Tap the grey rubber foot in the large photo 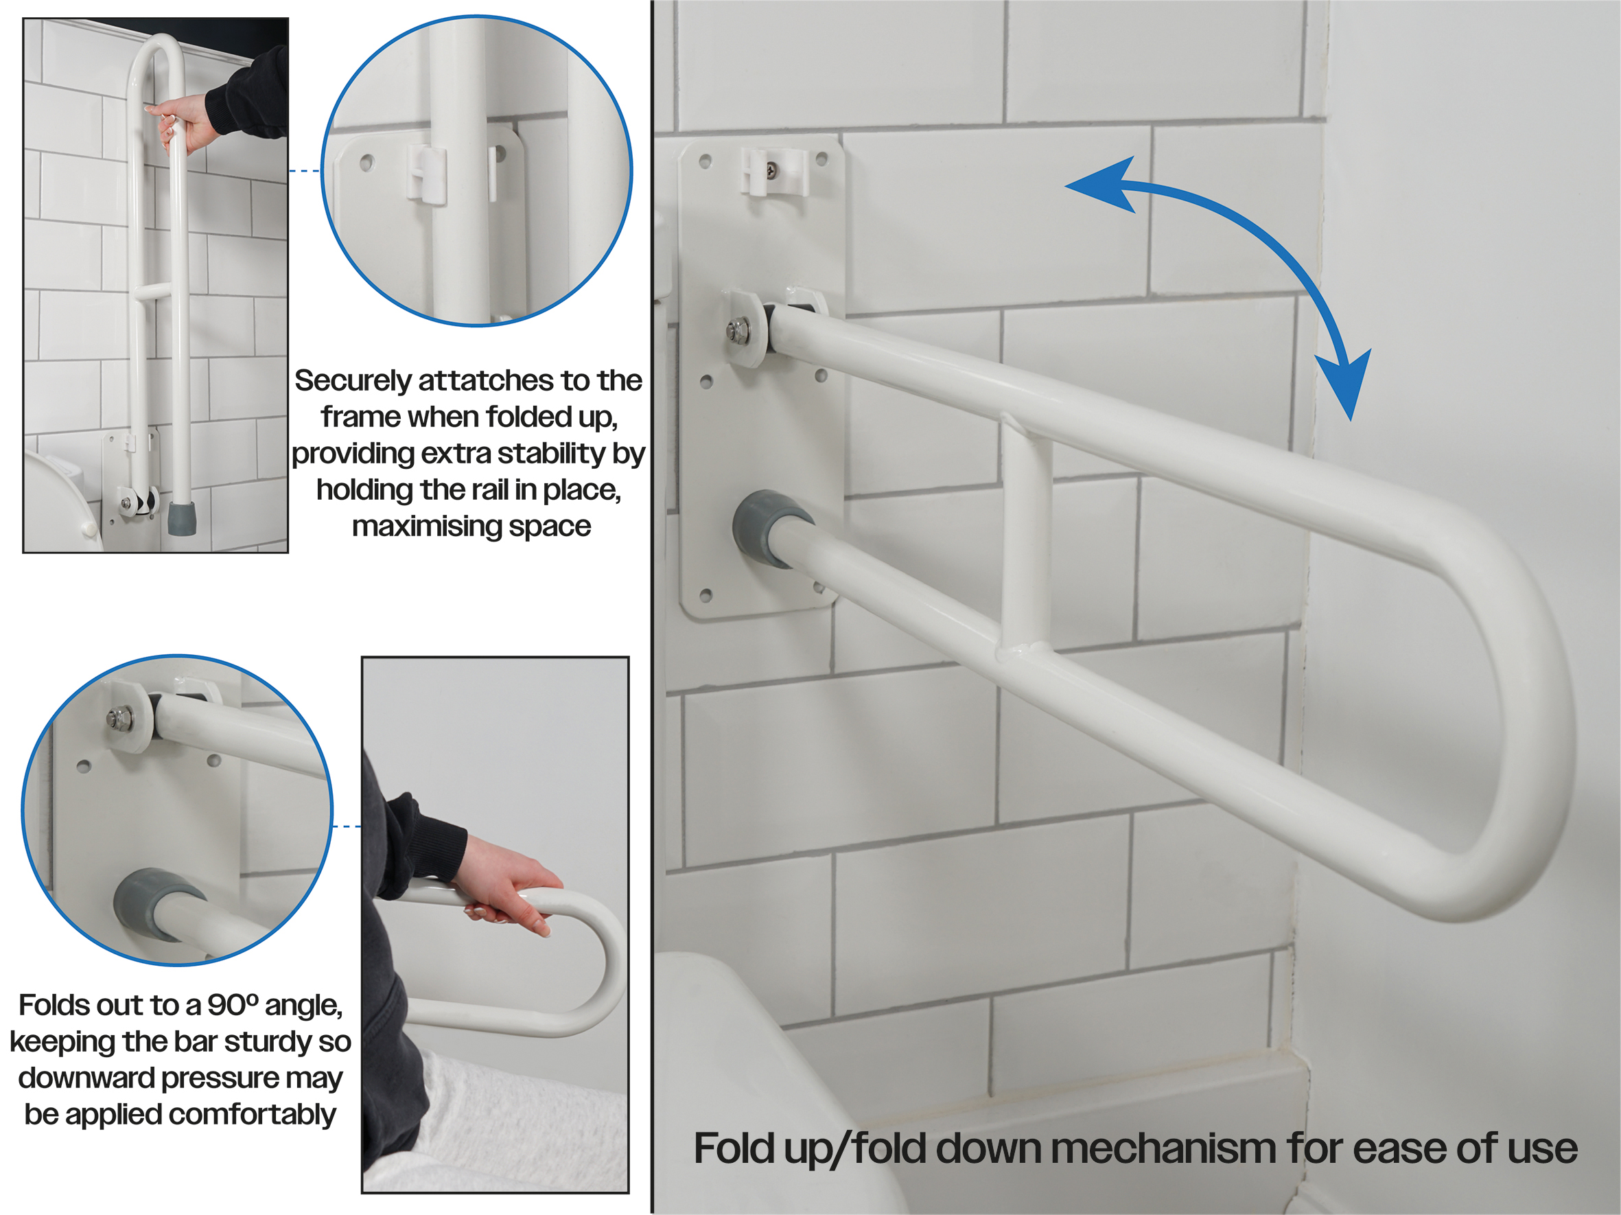(769, 528)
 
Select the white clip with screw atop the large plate (774, 172)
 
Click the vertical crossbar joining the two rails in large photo (1026, 534)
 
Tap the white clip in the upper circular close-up (426, 174)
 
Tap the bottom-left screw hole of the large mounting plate (705, 596)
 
